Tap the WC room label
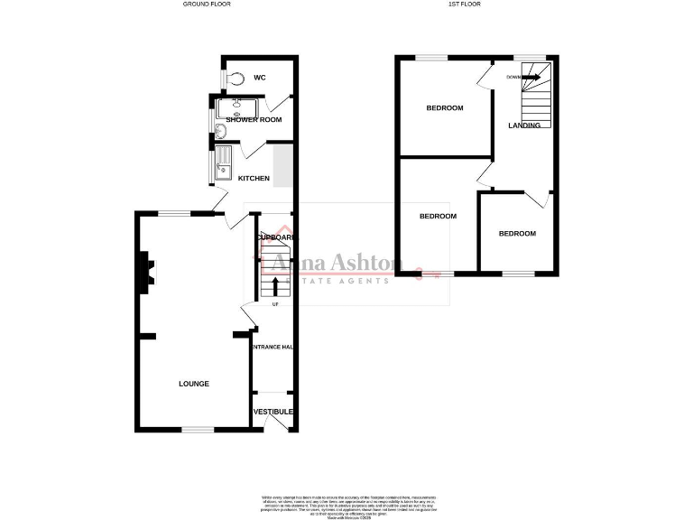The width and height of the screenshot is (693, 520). (259, 78)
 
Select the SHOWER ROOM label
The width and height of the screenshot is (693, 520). (254, 119)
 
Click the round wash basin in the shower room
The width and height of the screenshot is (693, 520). (222, 132)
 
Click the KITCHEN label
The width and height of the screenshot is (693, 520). (254, 178)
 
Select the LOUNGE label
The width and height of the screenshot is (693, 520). (194, 384)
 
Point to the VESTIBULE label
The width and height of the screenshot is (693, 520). (273, 412)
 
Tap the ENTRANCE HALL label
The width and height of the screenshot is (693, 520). (273, 347)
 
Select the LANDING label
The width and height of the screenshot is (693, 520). (524, 125)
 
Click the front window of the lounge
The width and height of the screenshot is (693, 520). (198, 429)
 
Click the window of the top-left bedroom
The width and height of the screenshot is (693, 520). (432, 58)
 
